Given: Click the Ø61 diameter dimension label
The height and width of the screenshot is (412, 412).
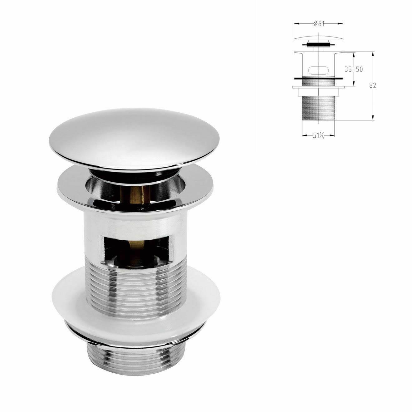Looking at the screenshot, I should point(318,24).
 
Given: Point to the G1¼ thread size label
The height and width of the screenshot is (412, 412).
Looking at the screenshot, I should point(318,135).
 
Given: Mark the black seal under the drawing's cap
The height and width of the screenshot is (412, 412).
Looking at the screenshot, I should point(318,45).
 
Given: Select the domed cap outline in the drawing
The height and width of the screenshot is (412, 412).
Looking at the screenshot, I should point(318,37).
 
